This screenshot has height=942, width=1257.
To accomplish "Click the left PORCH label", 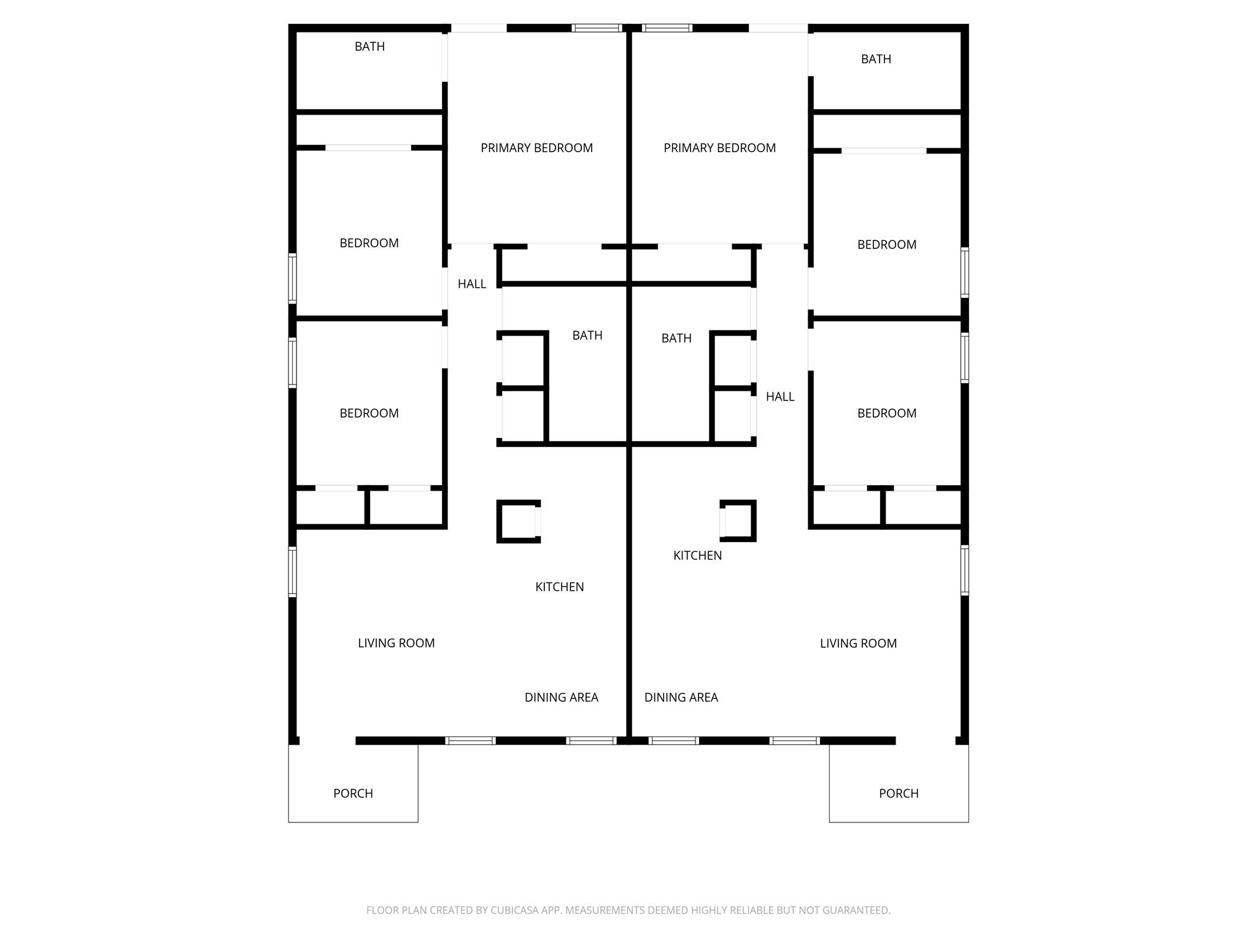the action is click(x=353, y=793).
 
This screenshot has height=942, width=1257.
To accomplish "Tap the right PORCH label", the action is click(x=899, y=793).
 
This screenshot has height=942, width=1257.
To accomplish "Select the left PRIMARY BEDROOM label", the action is click(x=536, y=148).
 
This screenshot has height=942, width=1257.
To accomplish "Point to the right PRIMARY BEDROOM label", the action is click(x=719, y=148).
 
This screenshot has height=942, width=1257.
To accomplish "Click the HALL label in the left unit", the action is click(x=472, y=284).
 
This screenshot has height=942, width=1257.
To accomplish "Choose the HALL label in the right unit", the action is click(x=780, y=397).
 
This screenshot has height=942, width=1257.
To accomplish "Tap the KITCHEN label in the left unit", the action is click(x=560, y=587).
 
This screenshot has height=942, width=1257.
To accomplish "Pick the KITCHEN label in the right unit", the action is click(x=697, y=556).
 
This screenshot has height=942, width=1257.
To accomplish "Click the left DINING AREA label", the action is click(x=562, y=697).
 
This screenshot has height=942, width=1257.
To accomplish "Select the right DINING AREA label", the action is click(x=681, y=697).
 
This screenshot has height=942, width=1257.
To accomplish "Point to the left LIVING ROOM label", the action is click(x=396, y=643).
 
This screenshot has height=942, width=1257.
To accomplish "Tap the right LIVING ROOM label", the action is click(x=859, y=643).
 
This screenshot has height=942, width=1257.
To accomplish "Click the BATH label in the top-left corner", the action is click(x=369, y=47).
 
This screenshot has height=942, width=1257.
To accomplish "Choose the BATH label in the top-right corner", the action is click(x=876, y=59).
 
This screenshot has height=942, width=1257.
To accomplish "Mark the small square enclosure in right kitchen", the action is click(x=754, y=521).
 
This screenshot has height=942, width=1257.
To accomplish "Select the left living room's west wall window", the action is click(x=293, y=572).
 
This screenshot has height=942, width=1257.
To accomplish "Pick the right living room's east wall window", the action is click(x=965, y=570).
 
